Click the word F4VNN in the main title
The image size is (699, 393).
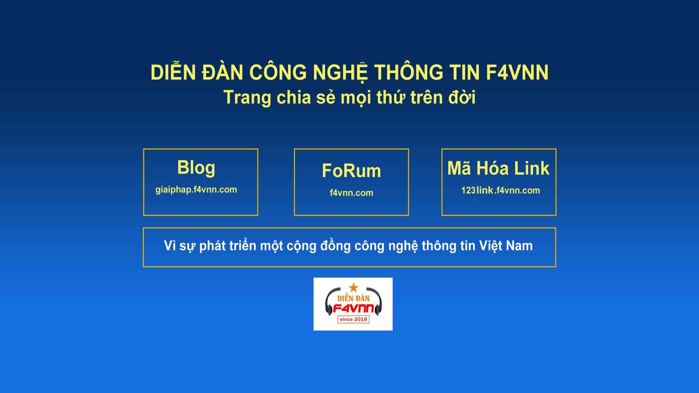[517, 72]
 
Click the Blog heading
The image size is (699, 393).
[196, 168]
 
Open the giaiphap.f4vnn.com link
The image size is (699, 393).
[196, 190]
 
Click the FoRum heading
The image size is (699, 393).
[351, 171]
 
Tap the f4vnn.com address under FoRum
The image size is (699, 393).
[351, 193]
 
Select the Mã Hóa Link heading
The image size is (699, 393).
[498, 168]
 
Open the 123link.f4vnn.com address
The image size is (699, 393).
[501, 190]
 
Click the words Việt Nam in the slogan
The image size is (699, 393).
[506, 246]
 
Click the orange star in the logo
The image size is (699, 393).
[354, 287]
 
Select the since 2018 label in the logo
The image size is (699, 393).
[354, 319]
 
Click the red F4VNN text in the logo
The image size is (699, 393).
[354, 309]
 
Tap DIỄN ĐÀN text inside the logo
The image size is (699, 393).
[354, 298]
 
